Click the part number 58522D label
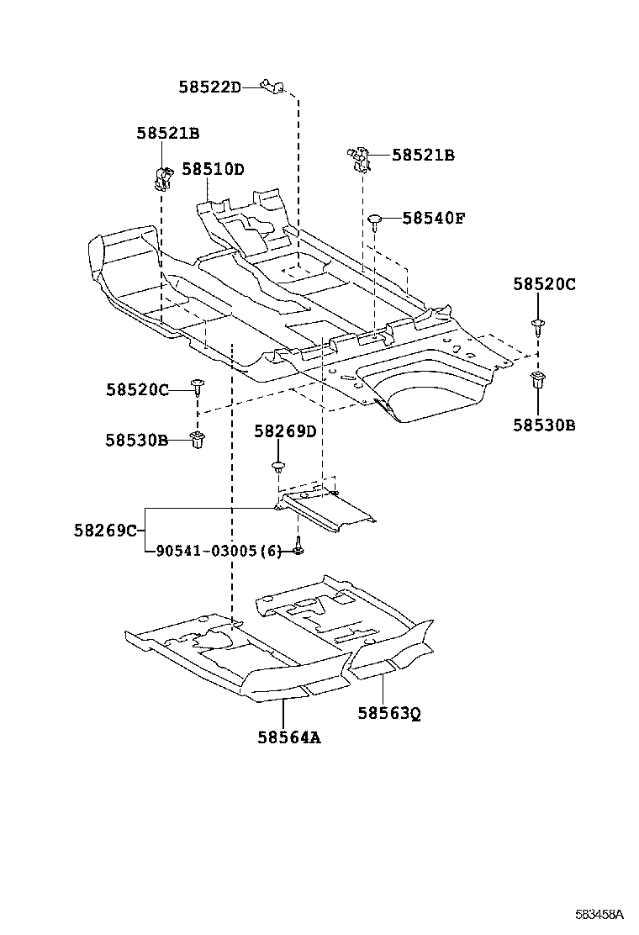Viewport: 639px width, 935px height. [209, 87]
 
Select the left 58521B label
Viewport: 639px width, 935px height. [168, 133]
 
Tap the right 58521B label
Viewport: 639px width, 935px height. [423, 155]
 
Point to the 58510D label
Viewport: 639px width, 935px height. [213, 169]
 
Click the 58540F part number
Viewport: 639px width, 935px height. [433, 218]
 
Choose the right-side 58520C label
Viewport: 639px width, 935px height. [544, 285]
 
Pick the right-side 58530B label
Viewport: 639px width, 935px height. [544, 425]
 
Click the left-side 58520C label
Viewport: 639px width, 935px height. [137, 389]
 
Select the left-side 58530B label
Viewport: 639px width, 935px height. [137, 440]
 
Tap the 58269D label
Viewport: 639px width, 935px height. [285, 431]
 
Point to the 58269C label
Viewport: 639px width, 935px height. [105, 530]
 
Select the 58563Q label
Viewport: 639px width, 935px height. [388, 713]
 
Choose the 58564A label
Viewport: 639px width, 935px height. [289, 737]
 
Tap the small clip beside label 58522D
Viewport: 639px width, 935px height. [272, 85]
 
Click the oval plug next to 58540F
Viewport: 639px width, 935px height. [375, 220]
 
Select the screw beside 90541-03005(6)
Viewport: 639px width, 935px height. [298, 549]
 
